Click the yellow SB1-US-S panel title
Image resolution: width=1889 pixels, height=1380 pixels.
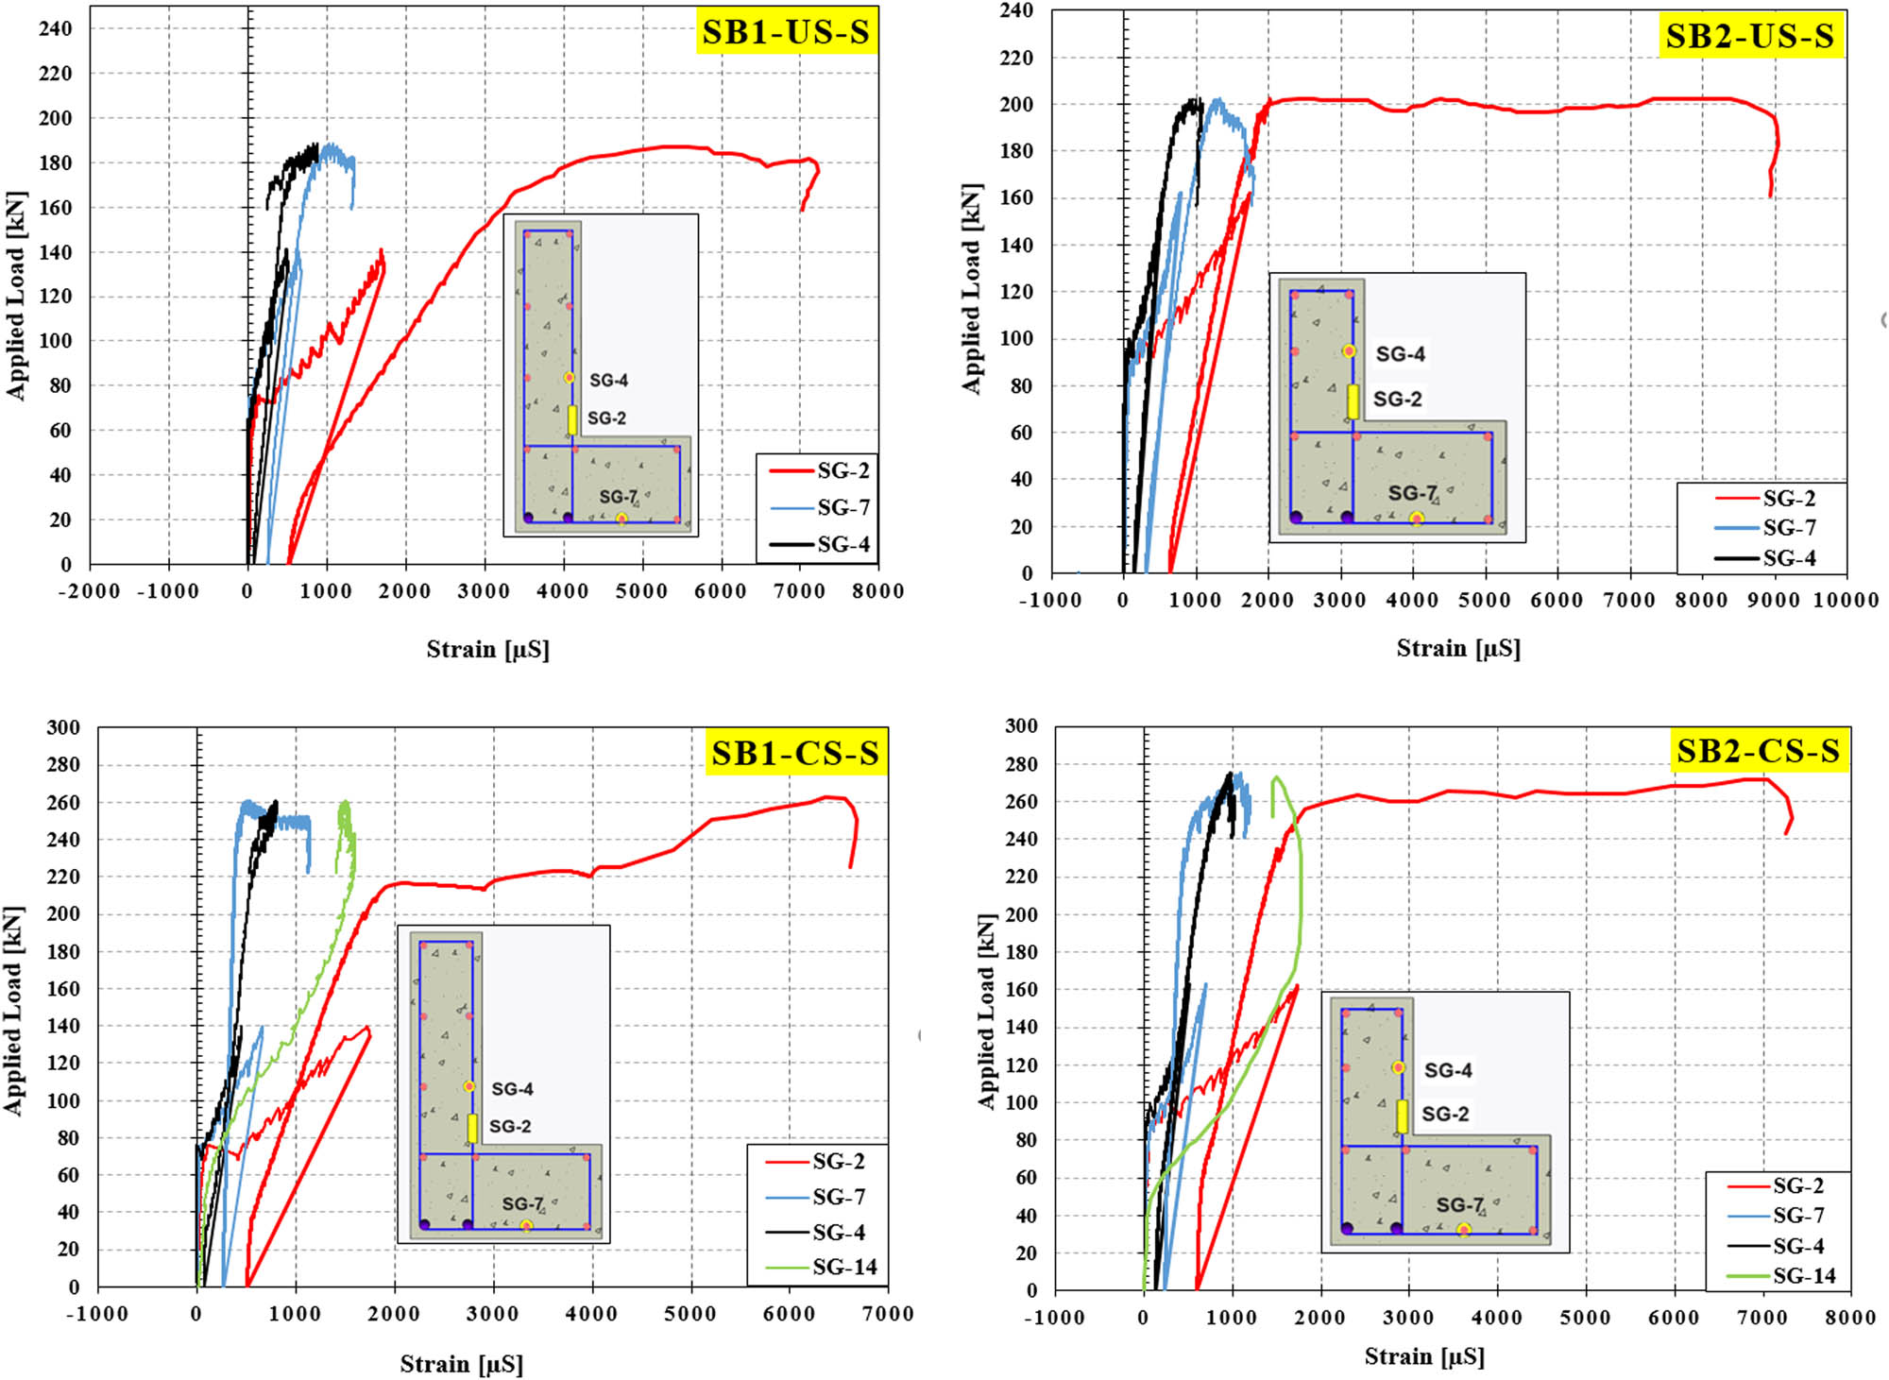click(786, 32)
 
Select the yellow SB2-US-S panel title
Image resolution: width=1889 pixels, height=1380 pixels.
click(1749, 36)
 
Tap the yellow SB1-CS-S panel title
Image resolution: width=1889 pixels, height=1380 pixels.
click(795, 753)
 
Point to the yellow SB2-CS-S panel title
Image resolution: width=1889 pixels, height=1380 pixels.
click(1758, 751)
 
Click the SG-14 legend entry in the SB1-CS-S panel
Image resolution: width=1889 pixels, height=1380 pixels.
click(844, 1267)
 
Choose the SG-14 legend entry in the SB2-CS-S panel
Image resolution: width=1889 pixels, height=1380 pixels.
click(1804, 1276)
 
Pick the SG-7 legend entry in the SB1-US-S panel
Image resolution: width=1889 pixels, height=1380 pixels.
click(843, 508)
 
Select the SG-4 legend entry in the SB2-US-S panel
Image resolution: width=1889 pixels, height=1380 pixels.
click(1789, 558)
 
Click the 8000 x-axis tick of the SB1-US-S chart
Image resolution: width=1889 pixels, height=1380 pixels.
click(878, 591)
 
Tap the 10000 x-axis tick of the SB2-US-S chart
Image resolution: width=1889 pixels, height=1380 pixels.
click(1846, 600)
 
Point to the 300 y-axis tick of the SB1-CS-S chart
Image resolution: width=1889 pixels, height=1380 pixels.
click(63, 727)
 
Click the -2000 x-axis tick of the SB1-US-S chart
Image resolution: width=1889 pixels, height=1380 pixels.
click(90, 591)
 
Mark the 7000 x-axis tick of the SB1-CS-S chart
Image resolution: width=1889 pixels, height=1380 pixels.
click(888, 1314)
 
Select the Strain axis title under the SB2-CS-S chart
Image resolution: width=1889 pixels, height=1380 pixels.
click(1424, 1357)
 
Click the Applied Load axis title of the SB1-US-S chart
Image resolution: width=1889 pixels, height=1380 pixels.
click(16, 296)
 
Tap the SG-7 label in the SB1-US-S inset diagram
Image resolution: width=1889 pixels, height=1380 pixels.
click(618, 497)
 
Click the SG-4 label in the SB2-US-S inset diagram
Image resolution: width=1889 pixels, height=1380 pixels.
click(1400, 354)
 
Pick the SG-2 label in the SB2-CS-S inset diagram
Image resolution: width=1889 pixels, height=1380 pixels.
click(1445, 1114)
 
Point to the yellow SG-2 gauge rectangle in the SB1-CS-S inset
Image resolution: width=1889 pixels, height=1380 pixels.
click(472, 1128)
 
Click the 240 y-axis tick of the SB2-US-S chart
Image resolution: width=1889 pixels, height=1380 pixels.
click(1016, 10)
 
